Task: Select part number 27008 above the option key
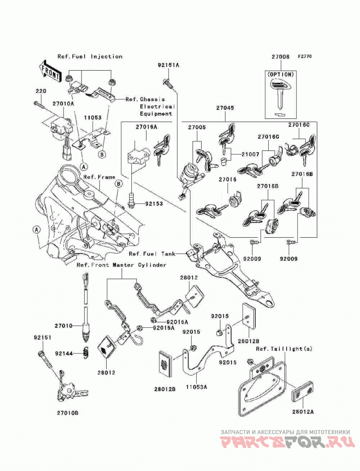pyautogui.click(x=281, y=57)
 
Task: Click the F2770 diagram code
pyautogui.click(x=305, y=56)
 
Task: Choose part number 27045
pyautogui.click(x=225, y=108)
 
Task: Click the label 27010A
pyautogui.click(x=63, y=104)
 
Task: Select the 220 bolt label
pyautogui.click(x=41, y=91)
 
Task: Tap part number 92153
pyautogui.click(x=154, y=204)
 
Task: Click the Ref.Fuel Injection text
pyautogui.click(x=90, y=56)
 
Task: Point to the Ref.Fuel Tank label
pyautogui.click(x=152, y=254)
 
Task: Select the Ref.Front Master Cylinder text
pyautogui.click(x=121, y=265)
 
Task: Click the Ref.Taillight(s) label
pyautogui.click(x=284, y=349)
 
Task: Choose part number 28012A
pyautogui.click(x=303, y=412)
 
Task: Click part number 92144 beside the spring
pyautogui.click(x=63, y=353)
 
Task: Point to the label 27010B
pyautogui.click(x=68, y=413)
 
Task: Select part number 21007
pyautogui.click(x=250, y=154)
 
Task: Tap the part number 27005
pyautogui.click(x=197, y=127)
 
